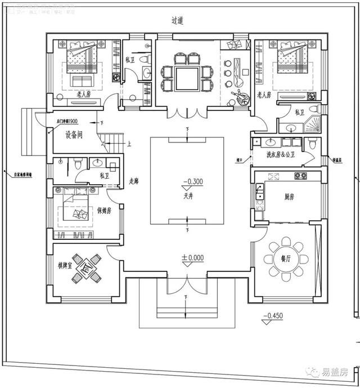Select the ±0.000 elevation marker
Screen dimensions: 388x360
192,258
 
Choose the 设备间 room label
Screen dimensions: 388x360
73,135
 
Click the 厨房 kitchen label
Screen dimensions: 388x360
289,197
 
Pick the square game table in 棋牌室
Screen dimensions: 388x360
87,269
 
